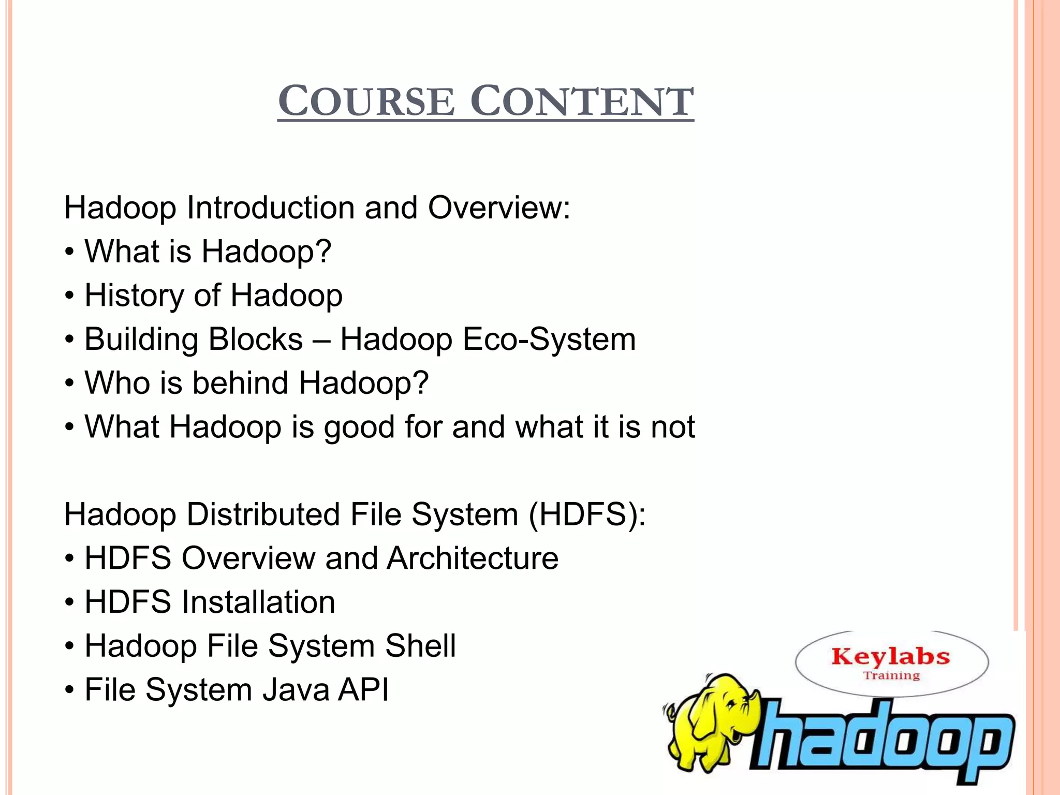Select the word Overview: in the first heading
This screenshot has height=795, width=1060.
[499, 208]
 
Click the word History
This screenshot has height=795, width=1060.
[134, 296]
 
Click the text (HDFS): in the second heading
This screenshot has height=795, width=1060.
[587, 516]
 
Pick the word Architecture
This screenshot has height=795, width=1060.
[472, 558]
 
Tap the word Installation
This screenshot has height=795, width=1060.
[258, 602]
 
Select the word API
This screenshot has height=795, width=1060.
[363, 690]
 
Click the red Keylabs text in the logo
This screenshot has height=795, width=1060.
[891, 657]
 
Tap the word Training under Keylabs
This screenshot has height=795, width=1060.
[891, 676]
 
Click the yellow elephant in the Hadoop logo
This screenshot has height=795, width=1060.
[712, 719]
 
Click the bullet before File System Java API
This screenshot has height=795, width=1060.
[69, 691]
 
